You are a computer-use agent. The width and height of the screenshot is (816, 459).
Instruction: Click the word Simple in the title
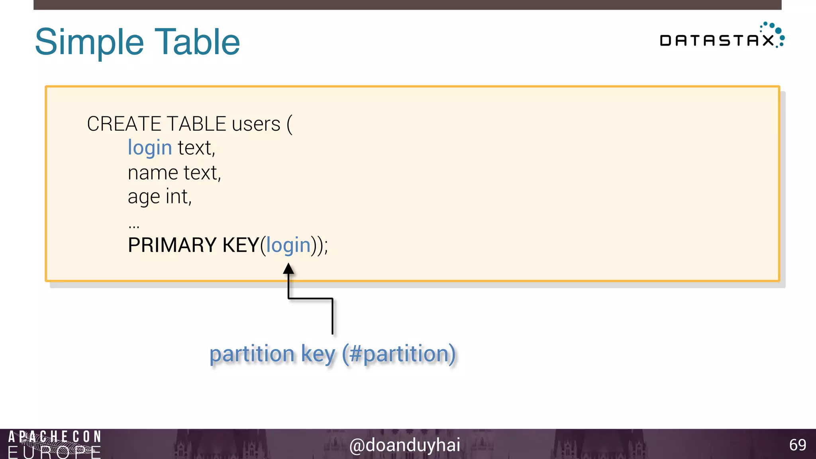89,42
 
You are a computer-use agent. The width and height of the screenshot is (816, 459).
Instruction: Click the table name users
256,124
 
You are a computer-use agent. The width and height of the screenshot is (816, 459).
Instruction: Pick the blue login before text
149,148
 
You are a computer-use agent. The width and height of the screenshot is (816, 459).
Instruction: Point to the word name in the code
153,173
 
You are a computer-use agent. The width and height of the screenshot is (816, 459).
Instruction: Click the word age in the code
143,197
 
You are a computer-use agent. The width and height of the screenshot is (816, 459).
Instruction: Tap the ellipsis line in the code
134,226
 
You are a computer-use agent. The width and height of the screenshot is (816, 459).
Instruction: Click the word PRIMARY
172,245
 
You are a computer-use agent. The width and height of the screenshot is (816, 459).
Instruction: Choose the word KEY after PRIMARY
241,245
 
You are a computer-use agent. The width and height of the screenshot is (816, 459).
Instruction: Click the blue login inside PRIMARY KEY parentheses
288,245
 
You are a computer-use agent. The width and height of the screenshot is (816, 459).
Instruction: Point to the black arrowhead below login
288,269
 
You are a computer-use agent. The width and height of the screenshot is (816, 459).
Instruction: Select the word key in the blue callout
318,354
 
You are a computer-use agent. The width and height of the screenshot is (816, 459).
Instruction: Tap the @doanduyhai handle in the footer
404,445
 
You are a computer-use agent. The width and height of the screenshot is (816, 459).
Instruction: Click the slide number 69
797,445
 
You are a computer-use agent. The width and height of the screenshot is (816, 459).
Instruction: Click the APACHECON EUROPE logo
54,444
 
